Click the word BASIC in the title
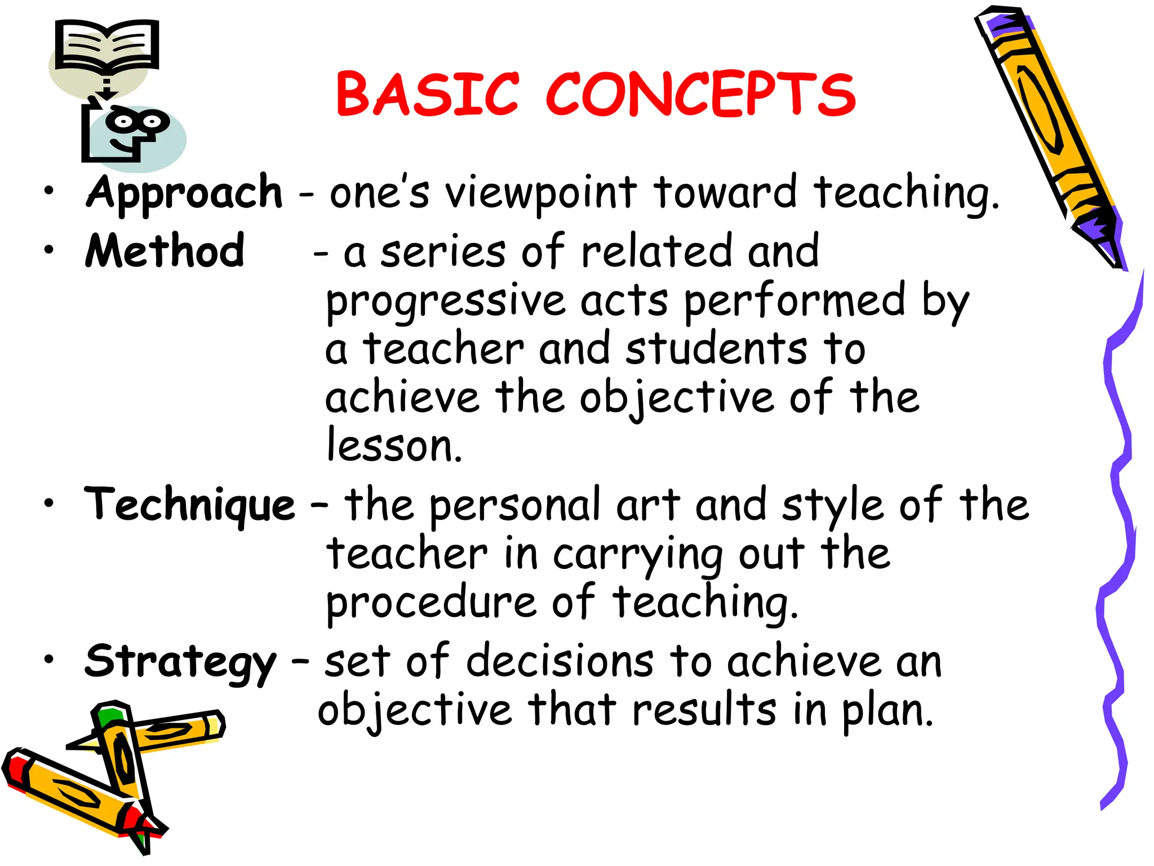(x=427, y=94)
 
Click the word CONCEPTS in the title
(x=700, y=94)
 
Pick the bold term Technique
(x=189, y=505)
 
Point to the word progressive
(x=446, y=302)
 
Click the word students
(x=716, y=349)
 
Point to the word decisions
(x=560, y=661)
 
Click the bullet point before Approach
(x=50, y=191)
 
